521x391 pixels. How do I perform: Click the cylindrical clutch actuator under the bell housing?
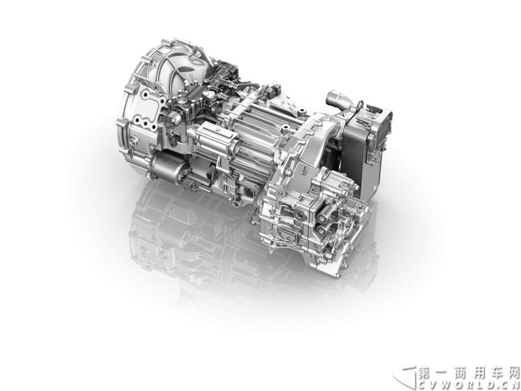[169, 166]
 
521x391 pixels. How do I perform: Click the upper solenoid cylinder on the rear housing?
[323, 217]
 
